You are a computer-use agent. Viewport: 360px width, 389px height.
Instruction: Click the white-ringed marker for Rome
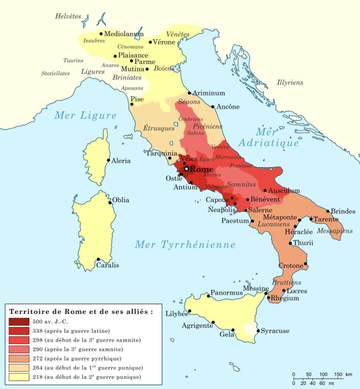(x=186, y=169)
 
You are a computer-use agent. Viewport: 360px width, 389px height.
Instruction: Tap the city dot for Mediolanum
(x=101, y=34)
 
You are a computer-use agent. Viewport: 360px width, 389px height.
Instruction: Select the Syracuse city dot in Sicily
(x=258, y=331)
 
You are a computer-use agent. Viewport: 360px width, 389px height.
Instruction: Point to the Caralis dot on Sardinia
(x=98, y=259)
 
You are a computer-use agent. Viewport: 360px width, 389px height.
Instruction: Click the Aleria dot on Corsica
(x=109, y=160)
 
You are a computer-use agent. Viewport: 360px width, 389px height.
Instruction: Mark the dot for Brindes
(x=328, y=211)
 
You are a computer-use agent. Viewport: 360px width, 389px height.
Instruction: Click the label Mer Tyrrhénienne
(x=185, y=245)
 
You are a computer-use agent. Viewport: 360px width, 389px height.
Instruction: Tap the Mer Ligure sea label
(x=85, y=115)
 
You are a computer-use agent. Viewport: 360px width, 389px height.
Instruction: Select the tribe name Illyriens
(x=290, y=82)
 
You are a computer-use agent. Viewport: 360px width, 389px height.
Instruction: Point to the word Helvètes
(x=68, y=16)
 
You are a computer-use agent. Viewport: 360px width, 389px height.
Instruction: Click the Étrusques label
(x=158, y=128)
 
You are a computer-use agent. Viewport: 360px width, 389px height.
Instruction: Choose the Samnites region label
(x=241, y=184)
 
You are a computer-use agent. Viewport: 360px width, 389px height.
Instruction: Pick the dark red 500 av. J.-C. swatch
(x=19, y=322)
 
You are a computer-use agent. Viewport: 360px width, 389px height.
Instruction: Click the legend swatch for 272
(x=19, y=358)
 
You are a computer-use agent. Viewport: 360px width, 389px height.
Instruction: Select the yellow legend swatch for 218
(x=19, y=377)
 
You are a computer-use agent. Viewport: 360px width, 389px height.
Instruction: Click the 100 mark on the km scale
(x=323, y=374)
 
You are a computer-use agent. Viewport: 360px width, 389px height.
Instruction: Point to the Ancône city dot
(x=213, y=107)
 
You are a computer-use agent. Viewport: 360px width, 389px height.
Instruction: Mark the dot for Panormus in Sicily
(x=208, y=296)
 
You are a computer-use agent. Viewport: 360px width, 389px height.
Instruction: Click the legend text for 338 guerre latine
(x=71, y=331)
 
